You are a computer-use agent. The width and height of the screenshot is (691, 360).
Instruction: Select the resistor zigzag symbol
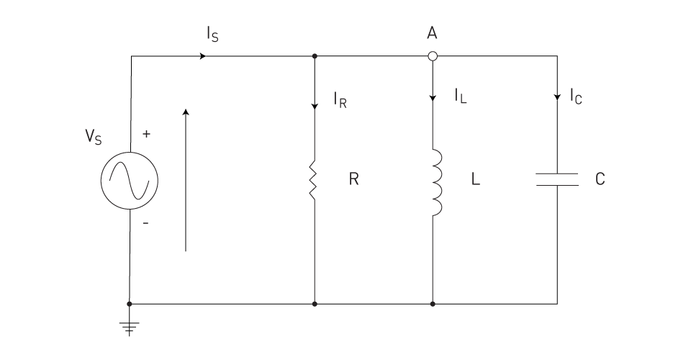313,180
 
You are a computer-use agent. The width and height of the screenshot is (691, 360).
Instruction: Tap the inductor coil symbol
437,182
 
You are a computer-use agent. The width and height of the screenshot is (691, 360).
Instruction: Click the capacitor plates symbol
557,179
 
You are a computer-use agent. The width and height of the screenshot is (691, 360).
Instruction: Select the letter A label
432,33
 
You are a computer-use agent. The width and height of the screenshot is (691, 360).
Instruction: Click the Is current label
212,34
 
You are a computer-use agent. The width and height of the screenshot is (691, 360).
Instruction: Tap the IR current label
340,100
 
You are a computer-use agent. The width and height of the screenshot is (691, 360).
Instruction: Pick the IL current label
461,96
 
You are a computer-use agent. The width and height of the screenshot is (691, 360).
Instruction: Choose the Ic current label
576,96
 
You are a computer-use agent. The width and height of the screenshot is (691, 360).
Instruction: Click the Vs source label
94,137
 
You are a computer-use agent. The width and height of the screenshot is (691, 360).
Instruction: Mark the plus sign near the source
146,133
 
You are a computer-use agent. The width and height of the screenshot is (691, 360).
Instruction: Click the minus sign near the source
146,223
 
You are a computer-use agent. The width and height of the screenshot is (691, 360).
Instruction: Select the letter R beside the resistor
354,179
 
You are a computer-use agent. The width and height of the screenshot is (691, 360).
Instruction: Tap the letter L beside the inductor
476,179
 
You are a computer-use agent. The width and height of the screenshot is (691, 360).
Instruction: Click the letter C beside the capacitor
600,179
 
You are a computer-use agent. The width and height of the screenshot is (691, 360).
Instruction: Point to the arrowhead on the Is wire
203,56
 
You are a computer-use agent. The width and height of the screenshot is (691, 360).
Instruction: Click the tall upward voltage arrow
186,180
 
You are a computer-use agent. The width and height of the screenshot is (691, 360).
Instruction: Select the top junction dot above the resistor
315,56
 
